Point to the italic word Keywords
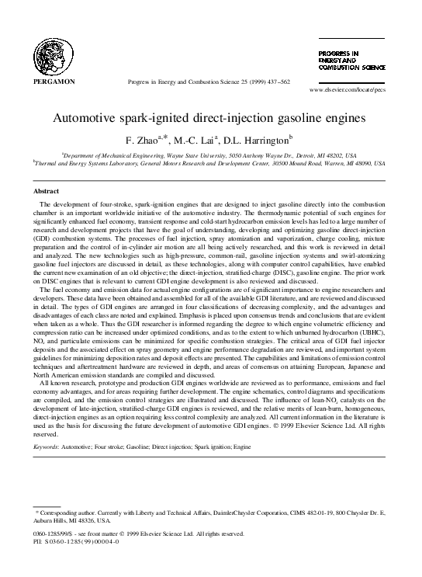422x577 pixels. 47,447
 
